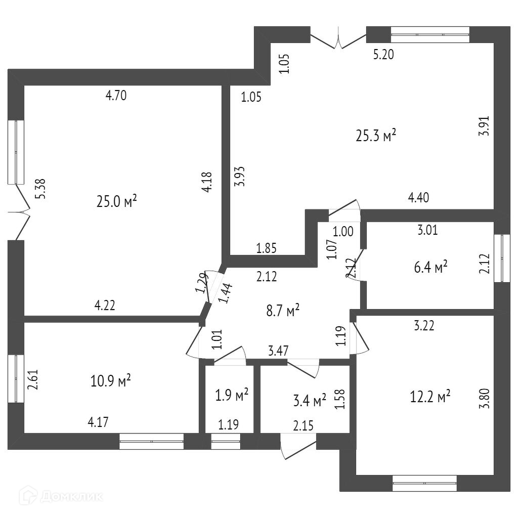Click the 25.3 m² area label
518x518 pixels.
pos(375,136)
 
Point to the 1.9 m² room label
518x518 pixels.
pos(232,395)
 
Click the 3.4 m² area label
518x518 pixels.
pos(310,402)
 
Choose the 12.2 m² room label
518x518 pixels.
pos(430,397)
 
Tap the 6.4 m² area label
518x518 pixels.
pos(430,267)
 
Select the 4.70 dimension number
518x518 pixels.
pos(116,95)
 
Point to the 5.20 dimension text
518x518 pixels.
pos(383,55)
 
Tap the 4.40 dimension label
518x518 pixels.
pos(418,198)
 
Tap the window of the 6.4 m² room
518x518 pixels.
pos(501,258)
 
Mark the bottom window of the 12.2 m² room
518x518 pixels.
pos(425,483)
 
